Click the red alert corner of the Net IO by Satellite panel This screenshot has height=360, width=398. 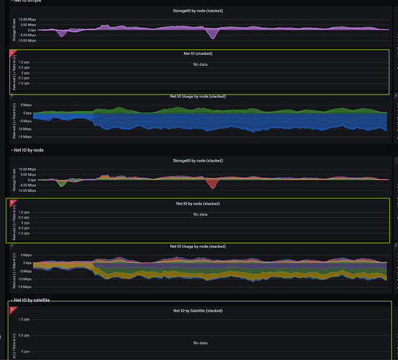(x=12, y=309)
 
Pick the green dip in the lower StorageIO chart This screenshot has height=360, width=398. (x=62, y=183)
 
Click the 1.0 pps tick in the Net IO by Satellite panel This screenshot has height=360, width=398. (x=24, y=319)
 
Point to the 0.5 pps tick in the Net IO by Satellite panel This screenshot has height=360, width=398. (x=24, y=335)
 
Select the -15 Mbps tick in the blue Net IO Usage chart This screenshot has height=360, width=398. (x=24, y=136)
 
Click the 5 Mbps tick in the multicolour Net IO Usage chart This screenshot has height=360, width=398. (x=25, y=255)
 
